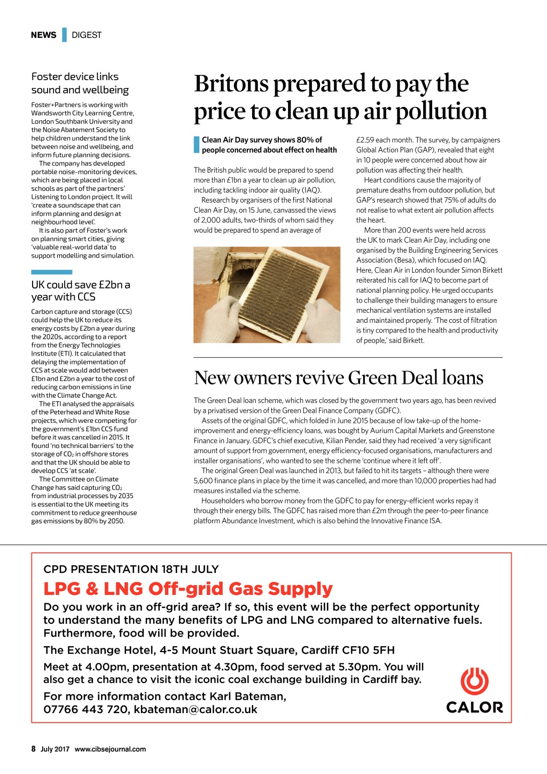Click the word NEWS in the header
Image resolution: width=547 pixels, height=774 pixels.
43,35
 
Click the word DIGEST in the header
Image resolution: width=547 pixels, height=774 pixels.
87,35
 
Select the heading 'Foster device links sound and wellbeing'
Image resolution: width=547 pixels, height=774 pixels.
80,83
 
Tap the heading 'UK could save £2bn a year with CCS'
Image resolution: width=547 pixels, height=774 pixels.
80,291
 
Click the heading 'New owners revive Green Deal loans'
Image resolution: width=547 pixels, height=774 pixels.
339,378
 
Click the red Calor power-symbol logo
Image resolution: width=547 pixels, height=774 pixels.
474,682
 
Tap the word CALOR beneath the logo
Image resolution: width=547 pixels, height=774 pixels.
474,708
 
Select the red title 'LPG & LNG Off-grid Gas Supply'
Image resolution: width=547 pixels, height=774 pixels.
188,589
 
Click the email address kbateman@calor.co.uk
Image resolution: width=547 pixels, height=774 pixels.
196,709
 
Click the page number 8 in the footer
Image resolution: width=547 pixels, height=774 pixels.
33,749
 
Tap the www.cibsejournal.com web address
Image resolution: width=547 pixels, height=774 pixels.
110,749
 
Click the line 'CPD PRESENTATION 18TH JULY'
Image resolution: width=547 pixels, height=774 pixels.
131,569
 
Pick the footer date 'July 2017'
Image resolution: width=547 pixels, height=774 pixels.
55,749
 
